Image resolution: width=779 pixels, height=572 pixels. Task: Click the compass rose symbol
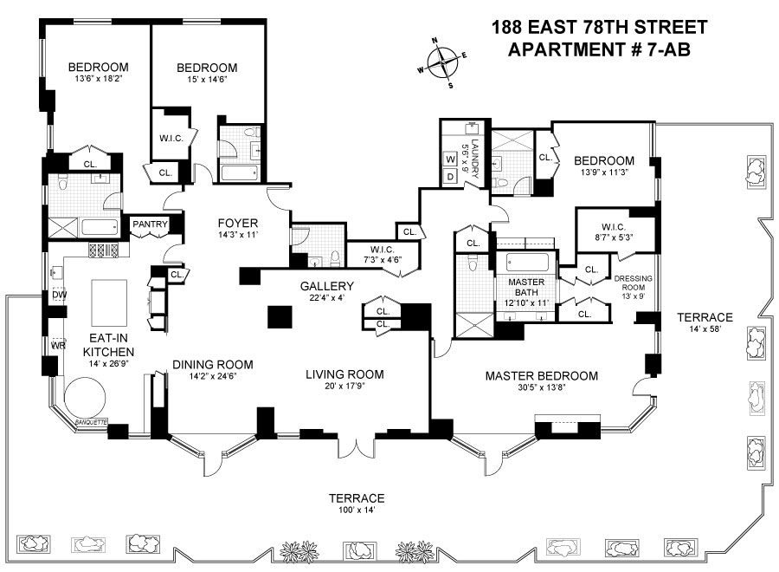point(442,63)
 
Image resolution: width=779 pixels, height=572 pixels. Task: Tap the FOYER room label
point(238,224)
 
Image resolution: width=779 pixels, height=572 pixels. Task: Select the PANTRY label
point(150,224)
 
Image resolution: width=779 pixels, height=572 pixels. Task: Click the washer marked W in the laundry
point(451,159)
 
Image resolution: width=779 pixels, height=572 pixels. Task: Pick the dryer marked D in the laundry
point(451,176)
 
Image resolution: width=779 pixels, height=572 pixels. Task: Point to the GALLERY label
point(327,286)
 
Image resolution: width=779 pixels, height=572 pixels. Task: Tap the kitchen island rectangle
point(109,302)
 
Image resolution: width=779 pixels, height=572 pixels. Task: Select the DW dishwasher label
point(60,295)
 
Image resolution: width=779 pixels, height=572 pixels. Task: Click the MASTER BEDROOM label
point(542,376)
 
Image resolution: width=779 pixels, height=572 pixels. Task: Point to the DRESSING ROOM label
point(634,283)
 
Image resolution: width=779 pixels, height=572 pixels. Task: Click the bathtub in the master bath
point(527,262)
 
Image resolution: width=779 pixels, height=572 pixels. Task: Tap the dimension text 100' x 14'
point(357,510)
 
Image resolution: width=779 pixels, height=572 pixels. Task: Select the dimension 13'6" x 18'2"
point(99,79)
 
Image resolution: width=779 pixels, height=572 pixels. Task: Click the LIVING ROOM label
point(344,374)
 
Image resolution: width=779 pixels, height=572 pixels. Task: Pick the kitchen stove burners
point(103,250)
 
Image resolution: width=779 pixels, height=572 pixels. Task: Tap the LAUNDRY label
point(474,159)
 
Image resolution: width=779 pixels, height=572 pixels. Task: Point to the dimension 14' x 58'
point(705,328)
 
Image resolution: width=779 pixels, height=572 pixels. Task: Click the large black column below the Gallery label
point(280,317)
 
